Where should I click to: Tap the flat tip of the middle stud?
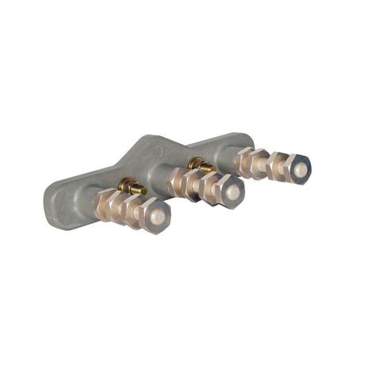pos(232,191)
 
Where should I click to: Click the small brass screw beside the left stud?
pos(129,187)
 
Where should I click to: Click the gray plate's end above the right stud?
pos(237,142)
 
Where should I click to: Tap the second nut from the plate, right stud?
pos(259,162)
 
